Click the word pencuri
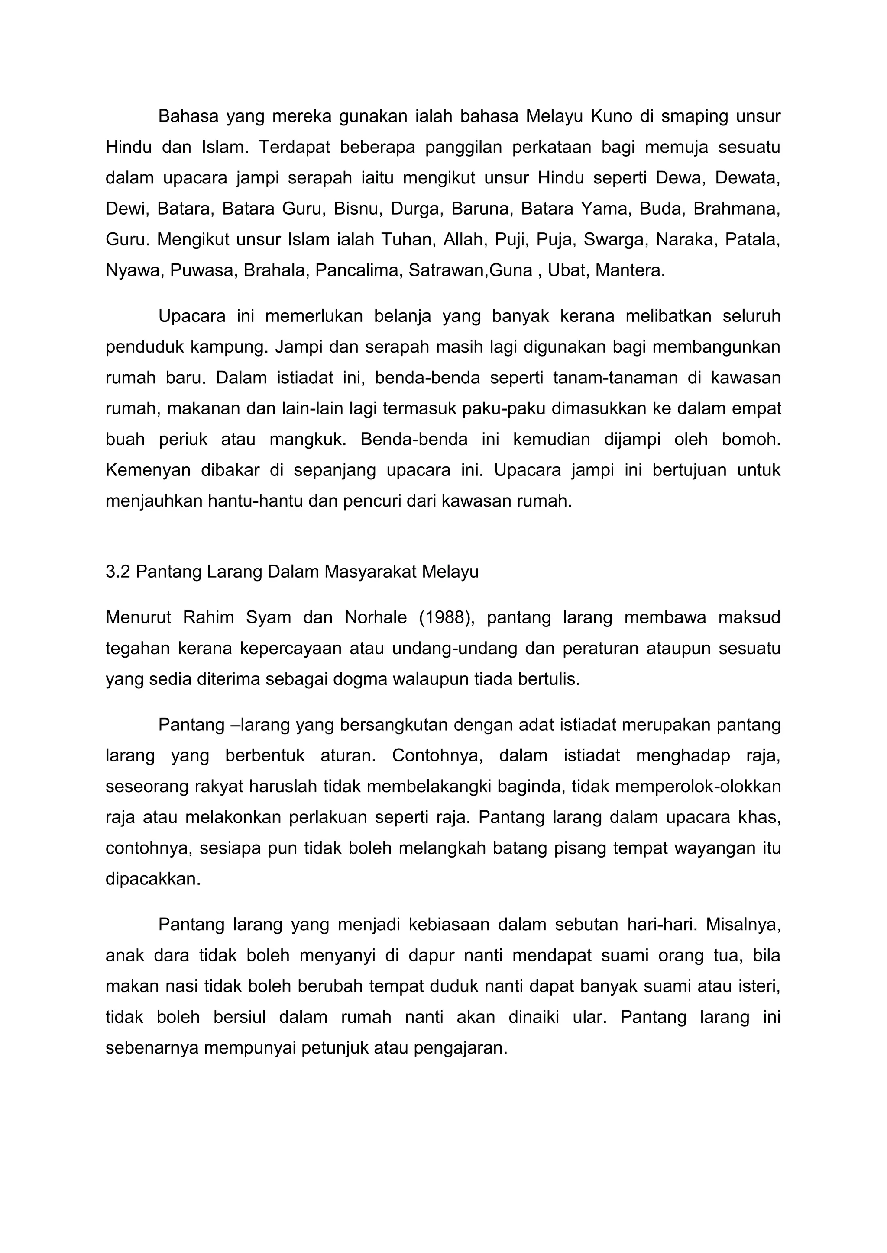pyautogui.click(x=374, y=501)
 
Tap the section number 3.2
pyautogui.click(x=117, y=572)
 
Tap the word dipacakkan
pyautogui.click(x=152, y=879)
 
